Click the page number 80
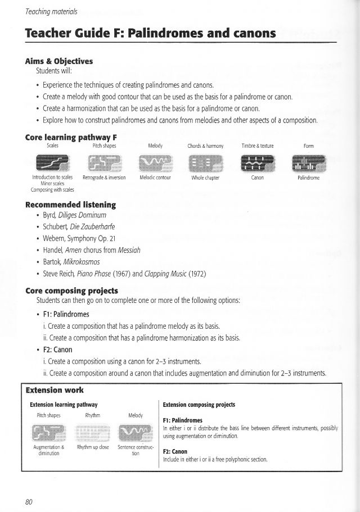[x=28, y=502]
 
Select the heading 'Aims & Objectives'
[x=59, y=61]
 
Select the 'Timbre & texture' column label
[x=257, y=146]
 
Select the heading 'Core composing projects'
[x=71, y=291]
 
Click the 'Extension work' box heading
[x=55, y=389]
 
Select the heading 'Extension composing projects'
[x=199, y=405]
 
